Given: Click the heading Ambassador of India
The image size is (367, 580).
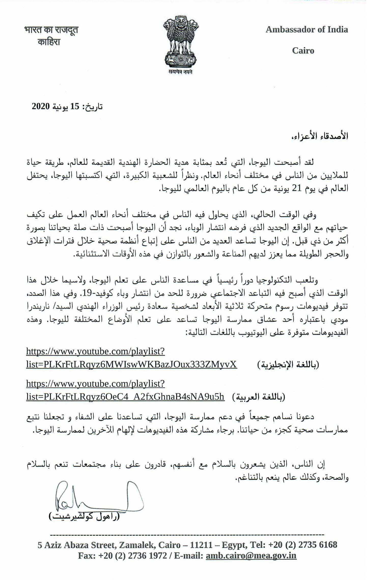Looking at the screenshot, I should click(307, 30).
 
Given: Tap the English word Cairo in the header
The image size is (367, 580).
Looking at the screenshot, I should click(303, 50).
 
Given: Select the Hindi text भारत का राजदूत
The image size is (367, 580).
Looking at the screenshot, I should click(51, 30).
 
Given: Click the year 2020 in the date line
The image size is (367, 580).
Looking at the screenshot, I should click(40, 106).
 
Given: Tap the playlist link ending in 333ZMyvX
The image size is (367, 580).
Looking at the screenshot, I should click(131, 365).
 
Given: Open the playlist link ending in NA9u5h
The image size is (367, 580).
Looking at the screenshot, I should click(125, 397).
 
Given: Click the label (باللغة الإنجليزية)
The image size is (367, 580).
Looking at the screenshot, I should click(288, 365).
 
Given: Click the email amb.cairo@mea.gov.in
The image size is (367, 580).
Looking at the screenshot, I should click(251, 555).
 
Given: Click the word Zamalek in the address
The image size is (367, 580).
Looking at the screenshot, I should click(137, 545).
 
